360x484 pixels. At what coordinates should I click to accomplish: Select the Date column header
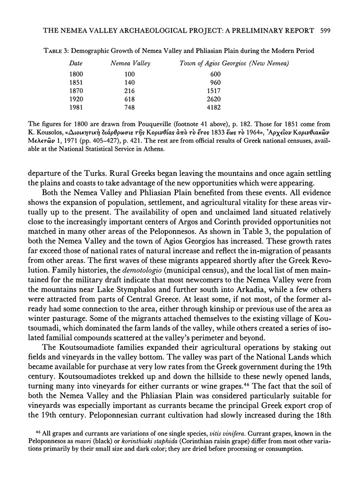click(x=76, y=63)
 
